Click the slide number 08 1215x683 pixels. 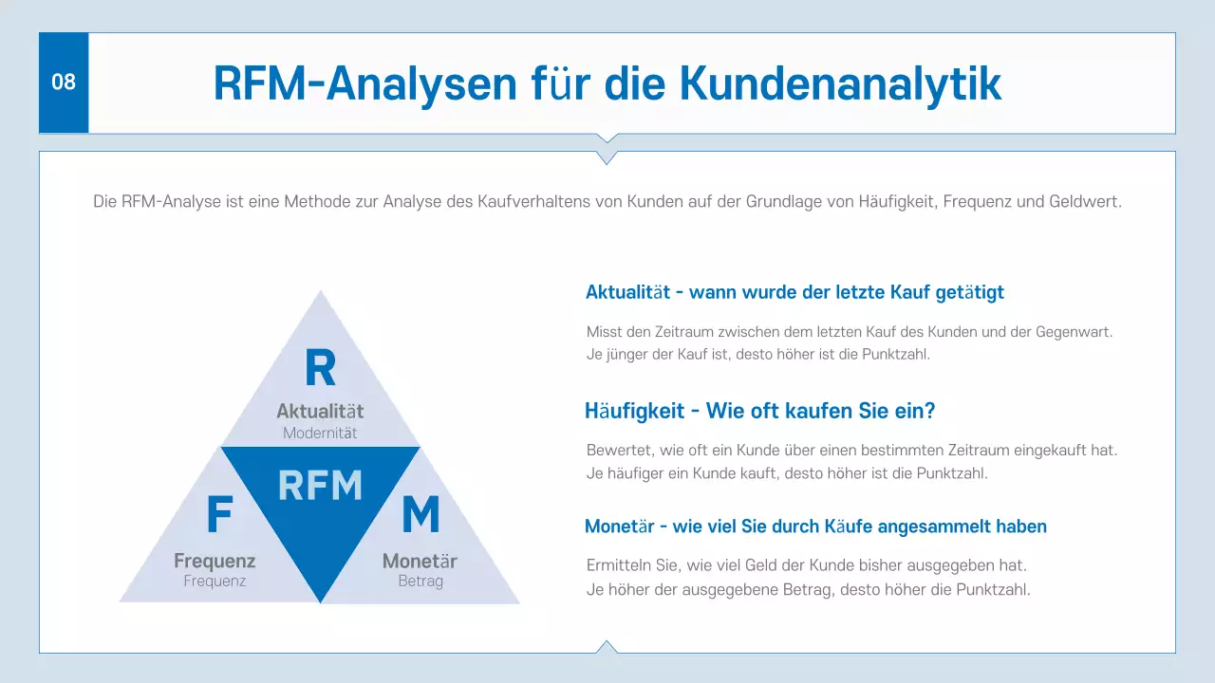point(64,83)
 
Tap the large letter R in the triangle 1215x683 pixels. point(320,368)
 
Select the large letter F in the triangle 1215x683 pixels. point(219,515)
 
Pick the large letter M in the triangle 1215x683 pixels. point(421,515)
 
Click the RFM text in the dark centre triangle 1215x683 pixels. point(320,485)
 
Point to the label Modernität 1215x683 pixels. point(320,433)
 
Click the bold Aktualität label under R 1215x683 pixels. point(320,412)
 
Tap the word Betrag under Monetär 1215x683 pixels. point(421,581)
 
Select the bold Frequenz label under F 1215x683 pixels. point(215,561)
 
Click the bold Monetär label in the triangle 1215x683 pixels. point(420,561)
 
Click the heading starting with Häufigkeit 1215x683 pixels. point(760,412)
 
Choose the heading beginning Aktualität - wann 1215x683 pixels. point(794,292)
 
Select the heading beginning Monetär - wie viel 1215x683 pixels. point(815,526)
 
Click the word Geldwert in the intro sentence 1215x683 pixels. point(1086,202)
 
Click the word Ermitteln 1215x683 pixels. point(619,565)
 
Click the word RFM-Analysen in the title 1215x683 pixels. point(365,83)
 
